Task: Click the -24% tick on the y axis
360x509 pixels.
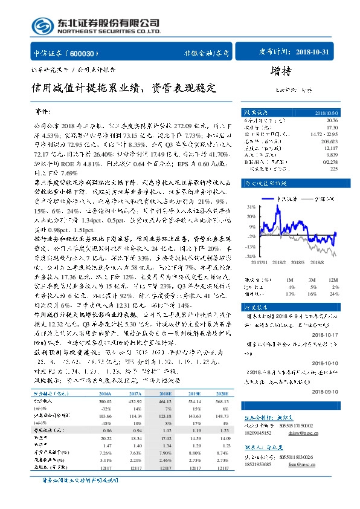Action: tap(250, 256)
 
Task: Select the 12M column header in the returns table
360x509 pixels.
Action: tap(331, 279)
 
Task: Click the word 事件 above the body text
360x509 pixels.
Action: tap(43, 112)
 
